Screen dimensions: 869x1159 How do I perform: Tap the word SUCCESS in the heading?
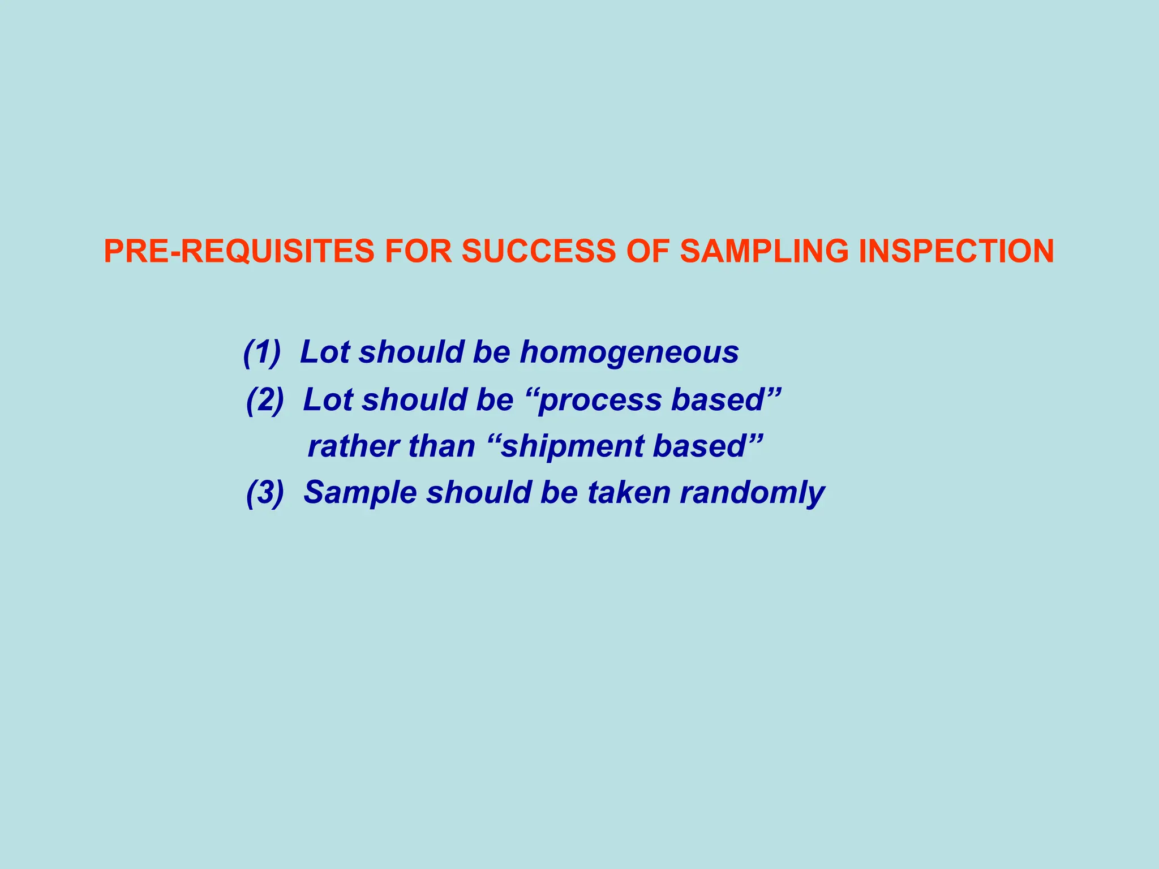coord(538,251)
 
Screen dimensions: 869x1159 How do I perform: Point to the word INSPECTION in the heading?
coord(956,251)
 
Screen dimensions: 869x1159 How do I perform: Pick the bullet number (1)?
coord(262,352)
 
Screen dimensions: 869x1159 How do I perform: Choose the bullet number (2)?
coord(265,399)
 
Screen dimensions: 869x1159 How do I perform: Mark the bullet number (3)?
coord(265,492)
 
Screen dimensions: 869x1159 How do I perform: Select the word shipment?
coord(572,446)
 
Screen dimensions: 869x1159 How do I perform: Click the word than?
coord(441,446)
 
